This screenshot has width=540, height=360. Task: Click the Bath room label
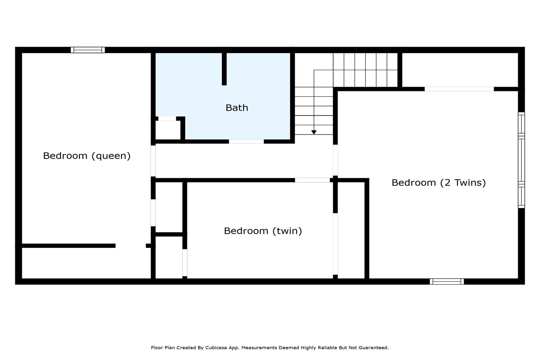(237, 108)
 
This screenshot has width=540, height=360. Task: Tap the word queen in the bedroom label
(111, 156)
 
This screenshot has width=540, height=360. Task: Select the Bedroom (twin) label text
(263, 231)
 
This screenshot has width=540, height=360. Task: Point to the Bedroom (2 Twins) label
(438, 183)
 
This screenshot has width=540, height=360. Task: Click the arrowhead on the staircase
(313, 132)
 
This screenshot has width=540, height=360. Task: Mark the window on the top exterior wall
(88, 50)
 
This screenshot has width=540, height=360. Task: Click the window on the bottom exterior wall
(447, 281)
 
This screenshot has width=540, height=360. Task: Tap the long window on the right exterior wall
(521, 160)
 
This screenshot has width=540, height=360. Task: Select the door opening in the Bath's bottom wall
(246, 142)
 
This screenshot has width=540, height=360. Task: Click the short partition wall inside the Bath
(224, 69)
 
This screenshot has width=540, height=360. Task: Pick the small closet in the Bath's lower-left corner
(168, 130)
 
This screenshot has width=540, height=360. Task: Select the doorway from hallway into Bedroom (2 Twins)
(335, 160)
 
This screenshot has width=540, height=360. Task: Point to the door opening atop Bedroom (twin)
(312, 180)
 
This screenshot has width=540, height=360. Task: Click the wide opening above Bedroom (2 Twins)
(459, 89)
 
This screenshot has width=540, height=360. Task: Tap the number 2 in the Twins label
(447, 183)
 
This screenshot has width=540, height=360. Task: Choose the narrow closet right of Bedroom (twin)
(351, 230)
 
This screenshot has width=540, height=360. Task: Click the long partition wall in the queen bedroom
(69, 246)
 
